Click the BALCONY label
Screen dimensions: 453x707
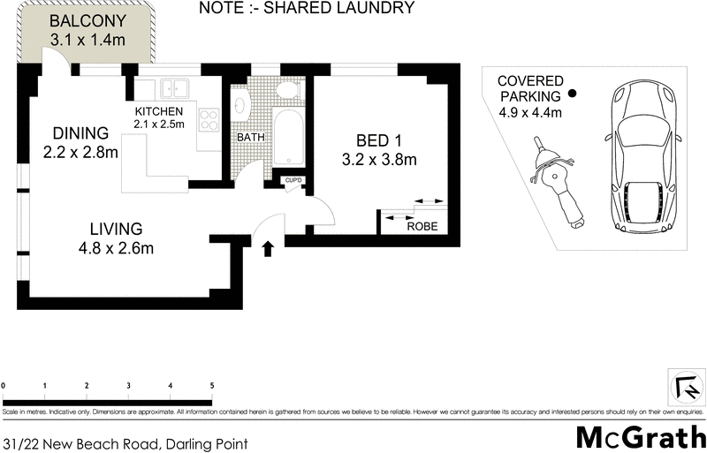point(87,21)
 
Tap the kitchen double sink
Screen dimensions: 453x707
point(173,88)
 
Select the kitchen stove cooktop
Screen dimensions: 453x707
point(209,119)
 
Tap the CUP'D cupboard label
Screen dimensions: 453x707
point(293,181)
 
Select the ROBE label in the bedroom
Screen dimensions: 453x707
point(421,226)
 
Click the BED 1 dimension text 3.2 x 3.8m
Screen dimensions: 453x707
point(379,160)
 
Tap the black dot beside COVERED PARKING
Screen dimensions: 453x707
point(572,94)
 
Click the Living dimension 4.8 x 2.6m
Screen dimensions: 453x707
point(116,248)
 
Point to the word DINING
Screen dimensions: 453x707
point(80,133)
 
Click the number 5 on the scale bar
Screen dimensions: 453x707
point(211,386)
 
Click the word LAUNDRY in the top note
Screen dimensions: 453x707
point(376,9)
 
